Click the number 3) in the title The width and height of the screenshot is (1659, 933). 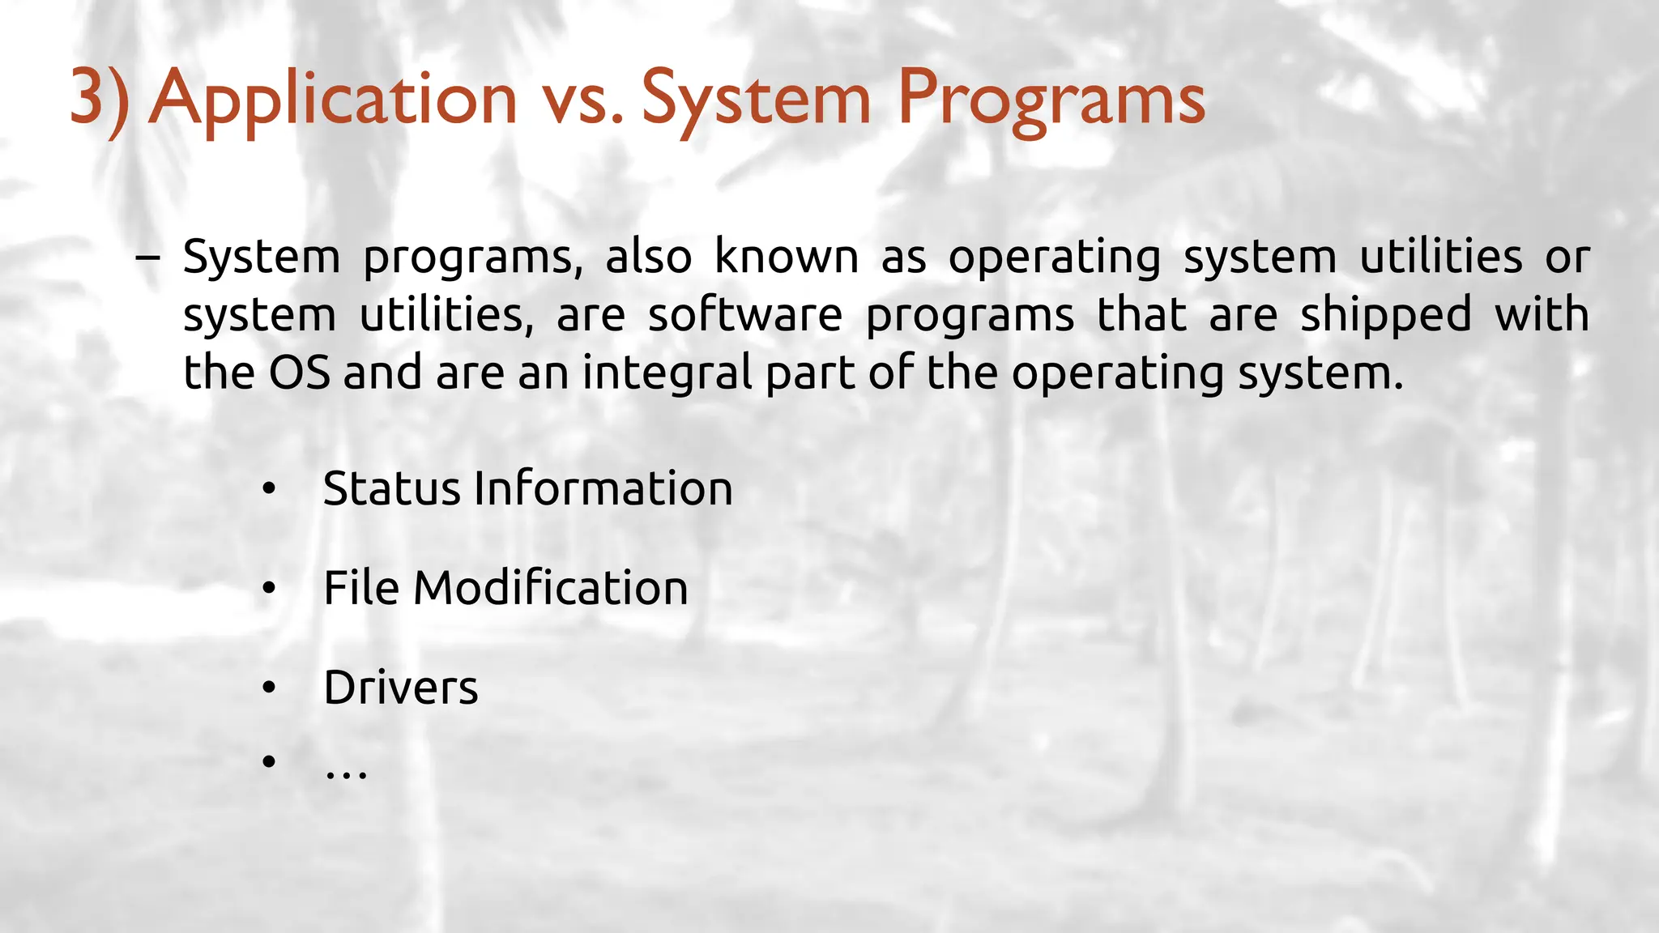(99, 99)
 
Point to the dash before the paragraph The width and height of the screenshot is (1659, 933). (147, 258)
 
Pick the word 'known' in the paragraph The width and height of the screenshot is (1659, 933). (786, 258)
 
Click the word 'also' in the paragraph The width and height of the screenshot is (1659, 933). (648, 258)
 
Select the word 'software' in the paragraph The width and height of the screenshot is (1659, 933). (744, 315)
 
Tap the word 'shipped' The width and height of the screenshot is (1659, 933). (1385, 315)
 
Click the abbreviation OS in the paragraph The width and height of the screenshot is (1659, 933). (299, 373)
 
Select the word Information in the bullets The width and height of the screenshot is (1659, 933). (603, 489)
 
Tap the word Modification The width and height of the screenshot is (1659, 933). (551, 588)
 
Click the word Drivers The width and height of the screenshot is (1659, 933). (401, 688)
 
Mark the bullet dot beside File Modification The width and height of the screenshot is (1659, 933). (269, 589)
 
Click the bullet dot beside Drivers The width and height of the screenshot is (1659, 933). (269, 688)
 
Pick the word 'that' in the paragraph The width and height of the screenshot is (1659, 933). (1142, 315)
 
